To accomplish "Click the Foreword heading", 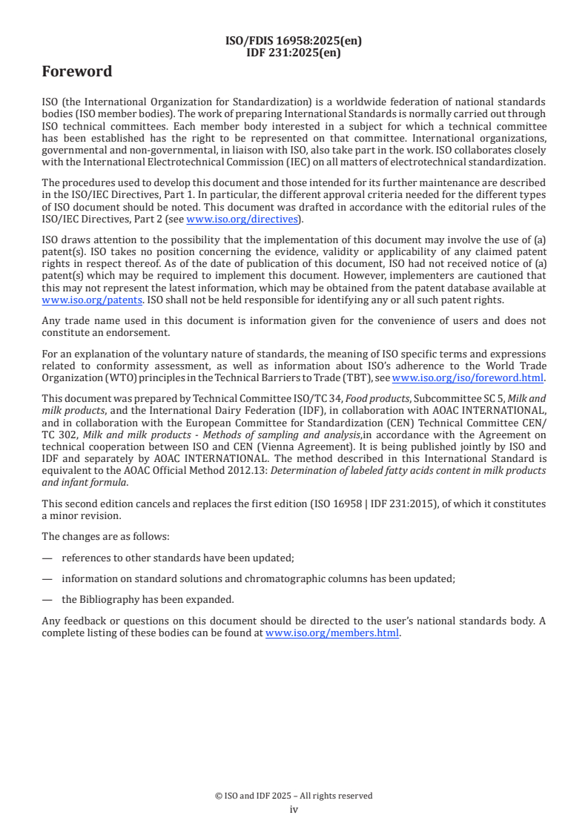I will click(x=77, y=72).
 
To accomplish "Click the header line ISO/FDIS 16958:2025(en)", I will click(x=294, y=42).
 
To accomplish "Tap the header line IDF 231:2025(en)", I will click(x=294, y=53).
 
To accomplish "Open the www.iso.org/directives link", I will click(x=242, y=219).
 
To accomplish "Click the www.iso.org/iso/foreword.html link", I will click(x=467, y=377).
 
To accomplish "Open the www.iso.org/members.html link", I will click(x=332, y=633).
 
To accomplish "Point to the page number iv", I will click(x=294, y=809).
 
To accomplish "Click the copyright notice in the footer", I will click(x=294, y=796).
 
